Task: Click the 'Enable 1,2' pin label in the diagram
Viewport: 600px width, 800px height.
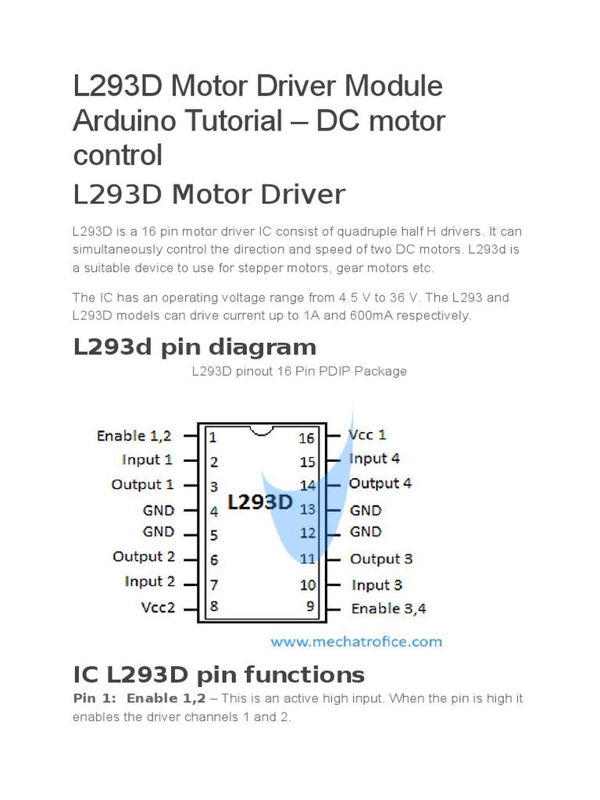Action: coord(134,435)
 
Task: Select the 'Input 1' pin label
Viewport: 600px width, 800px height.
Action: coord(147,459)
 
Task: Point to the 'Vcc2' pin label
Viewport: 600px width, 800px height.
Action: coord(158,607)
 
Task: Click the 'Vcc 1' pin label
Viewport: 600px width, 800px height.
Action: coord(367,434)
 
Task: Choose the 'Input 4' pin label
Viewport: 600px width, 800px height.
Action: coord(374,459)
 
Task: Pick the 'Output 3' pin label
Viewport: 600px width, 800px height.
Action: coord(381,559)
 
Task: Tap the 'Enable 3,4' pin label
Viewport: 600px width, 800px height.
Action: coord(388,609)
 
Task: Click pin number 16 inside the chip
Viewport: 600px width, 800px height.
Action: coord(306,438)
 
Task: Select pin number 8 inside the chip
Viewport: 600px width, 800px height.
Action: coord(214,606)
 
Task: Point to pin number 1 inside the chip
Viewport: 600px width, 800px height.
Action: coord(212,437)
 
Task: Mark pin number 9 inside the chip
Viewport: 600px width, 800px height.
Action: coord(311,605)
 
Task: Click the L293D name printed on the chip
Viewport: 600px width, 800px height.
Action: coord(259,502)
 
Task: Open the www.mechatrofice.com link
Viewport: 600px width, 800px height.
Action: coord(356,642)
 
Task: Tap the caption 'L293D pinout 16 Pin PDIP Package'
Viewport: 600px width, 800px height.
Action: coord(299,371)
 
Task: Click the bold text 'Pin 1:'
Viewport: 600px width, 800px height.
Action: coord(94,698)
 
